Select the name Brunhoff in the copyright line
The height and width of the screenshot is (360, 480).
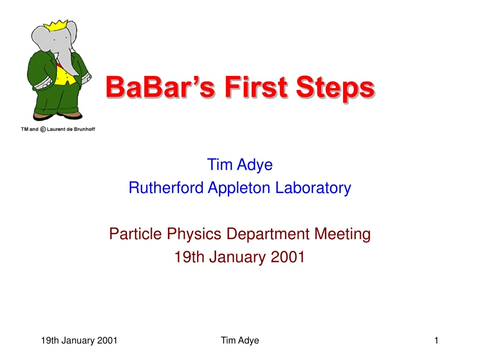click(x=84, y=129)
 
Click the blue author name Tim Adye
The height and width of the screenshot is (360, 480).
click(x=240, y=165)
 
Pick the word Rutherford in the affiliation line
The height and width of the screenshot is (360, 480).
click(x=166, y=188)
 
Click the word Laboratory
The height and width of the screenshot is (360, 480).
click(x=313, y=188)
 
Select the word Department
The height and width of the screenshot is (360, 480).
click(x=269, y=233)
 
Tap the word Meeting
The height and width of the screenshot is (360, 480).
click(x=345, y=233)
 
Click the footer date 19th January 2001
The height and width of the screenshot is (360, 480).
click(x=79, y=341)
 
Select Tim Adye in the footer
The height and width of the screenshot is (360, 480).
click(x=240, y=341)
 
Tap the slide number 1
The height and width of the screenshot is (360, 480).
click(x=436, y=341)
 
